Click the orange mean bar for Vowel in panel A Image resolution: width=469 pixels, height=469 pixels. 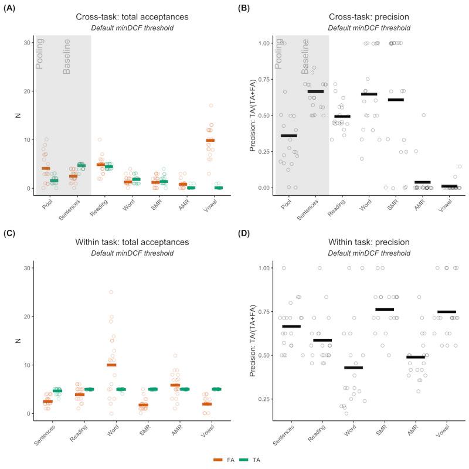pyautogui.click(x=210, y=140)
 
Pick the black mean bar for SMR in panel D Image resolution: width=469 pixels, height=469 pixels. pyautogui.click(x=385, y=309)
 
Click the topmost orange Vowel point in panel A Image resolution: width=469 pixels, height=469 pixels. pyautogui.click(x=210, y=106)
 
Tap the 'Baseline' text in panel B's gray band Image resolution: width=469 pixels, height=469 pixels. pyautogui.click(x=305, y=56)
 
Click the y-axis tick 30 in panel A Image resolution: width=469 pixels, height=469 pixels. pyautogui.click(x=27, y=43)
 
